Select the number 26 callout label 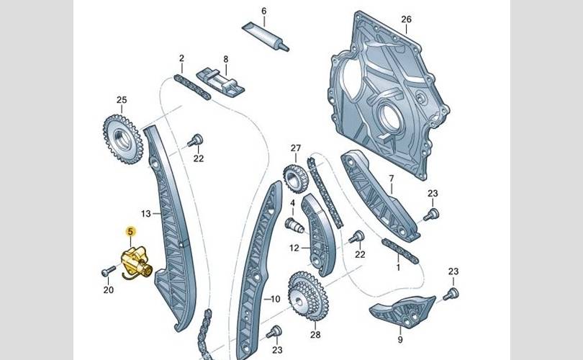pyautogui.click(x=406, y=19)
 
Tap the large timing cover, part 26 pyautogui.click(x=389, y=101)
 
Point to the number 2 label pyautogui.click(x=182, y=58)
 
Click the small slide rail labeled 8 pyautogui.click(x=224, y=82)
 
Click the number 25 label pyautogui.click(x=121, y=100)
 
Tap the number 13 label pyautogui.click(x=145, y=214)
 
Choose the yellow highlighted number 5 pyautogui.click(x=130, y=231)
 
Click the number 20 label pyautogui.click(x=109, y=290)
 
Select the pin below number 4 pyautogui.click(x=292, y=227)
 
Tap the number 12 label pyautogui.click(x=294, y=248)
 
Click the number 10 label pyautogui.click(x=274, y=298)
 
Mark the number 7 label pyautogui.click(x=391, y=177)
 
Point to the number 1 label pyautogui.click(x=397, y=267)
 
